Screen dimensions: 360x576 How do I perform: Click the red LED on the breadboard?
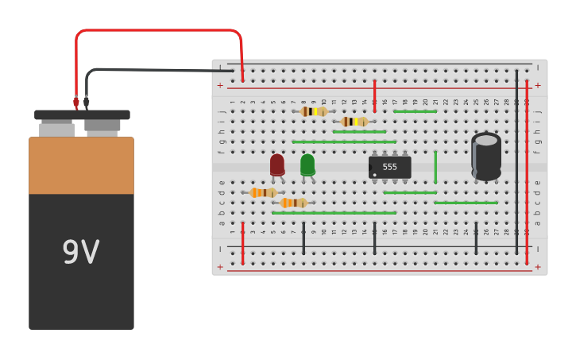[276, 165]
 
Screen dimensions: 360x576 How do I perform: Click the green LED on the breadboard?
[307, 165]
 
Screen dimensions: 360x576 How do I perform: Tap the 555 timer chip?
[389, 167]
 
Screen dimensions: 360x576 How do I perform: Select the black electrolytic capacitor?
[485, 156]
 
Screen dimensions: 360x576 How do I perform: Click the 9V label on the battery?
[81, 253]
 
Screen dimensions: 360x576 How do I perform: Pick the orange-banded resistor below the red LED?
[263, 192]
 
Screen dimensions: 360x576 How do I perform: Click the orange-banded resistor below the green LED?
[293, 203]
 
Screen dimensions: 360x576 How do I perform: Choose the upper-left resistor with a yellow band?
[313, 111]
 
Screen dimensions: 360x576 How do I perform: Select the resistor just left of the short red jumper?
[354, 122]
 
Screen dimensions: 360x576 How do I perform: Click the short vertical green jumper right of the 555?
[435, 167]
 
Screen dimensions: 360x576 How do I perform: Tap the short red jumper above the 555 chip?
[375, 95]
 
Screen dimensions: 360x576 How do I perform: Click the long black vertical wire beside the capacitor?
[516, 159]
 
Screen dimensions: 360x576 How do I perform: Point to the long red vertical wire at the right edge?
[527, 171]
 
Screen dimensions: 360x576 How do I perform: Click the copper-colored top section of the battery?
[81, 165]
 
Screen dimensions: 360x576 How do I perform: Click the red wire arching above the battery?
[159, 31]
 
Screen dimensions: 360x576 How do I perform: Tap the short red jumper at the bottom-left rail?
[242, 242]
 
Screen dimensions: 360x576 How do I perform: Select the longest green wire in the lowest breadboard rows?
[334, 213]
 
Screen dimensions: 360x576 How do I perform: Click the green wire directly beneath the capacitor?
[466, 203]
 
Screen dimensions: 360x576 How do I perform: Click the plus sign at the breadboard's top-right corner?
[538, 85]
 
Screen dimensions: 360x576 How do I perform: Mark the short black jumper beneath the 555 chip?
[375, 238]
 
